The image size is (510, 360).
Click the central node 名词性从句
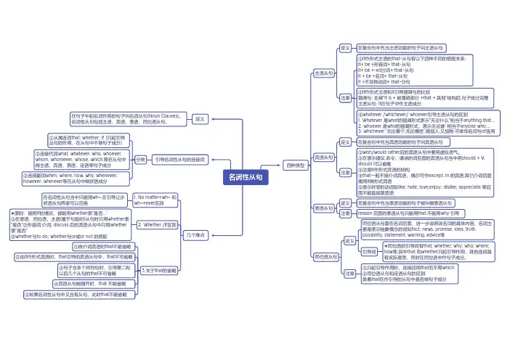tap(247, 177)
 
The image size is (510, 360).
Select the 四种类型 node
tap(296, 166)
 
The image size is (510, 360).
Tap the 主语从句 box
tap(323, 73)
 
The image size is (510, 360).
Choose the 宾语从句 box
tap(323, 157)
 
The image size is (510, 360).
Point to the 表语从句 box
tap(323, 208)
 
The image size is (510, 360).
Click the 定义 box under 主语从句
tap(346, 48)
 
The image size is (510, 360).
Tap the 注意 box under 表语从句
tap(346, 214)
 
